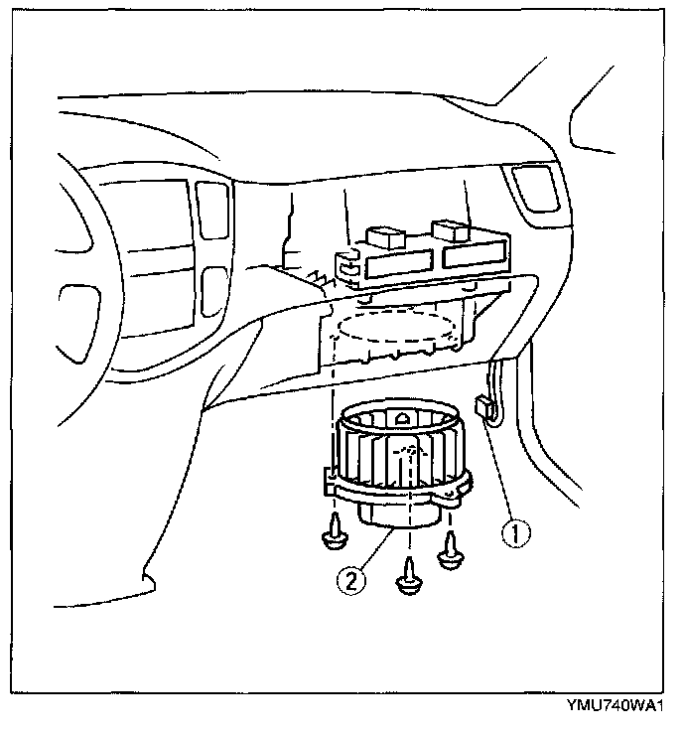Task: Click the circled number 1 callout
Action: tap(514, 533)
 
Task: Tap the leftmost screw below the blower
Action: tap(335, 537)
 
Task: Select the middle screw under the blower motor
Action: tap(408, 580)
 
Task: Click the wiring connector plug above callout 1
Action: tap(485, 406)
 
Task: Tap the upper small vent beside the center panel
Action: tap(210, 209)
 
